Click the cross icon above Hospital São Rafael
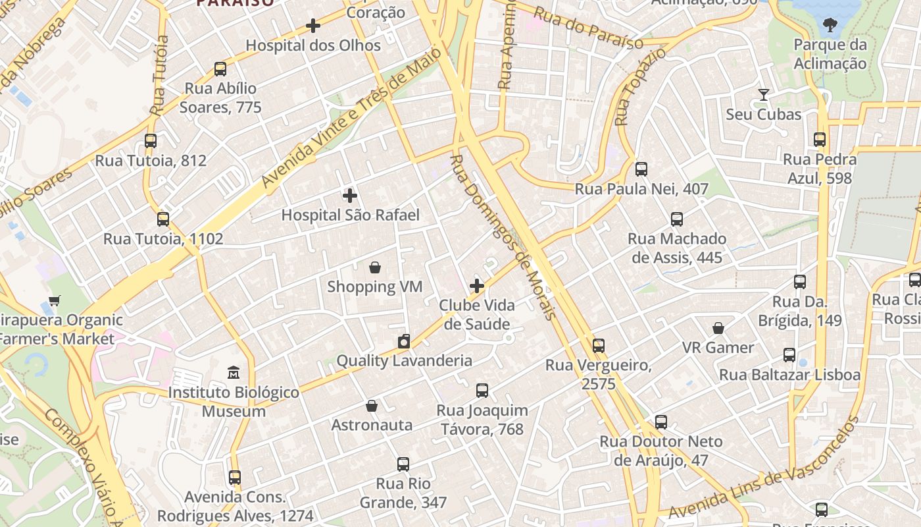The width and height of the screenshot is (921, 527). pos(350,196)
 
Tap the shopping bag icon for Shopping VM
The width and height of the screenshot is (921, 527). pos(375,267)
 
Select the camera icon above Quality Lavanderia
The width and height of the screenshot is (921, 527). pos(404,341)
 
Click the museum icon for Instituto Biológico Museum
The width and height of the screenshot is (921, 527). pos(233,373)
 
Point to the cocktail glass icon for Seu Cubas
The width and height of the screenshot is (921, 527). pos(763,95)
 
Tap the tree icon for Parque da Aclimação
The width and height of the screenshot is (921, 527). pos(830,25)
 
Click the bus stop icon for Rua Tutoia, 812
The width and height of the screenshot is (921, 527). pos(151,141)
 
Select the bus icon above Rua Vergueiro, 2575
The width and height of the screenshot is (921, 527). pos(598,346)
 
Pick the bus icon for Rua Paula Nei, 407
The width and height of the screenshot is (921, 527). pos(641,169)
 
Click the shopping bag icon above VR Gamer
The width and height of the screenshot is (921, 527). pos(718,328)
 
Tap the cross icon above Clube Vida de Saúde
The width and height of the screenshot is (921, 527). pos(477,286)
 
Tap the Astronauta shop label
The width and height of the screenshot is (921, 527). pos(372,425)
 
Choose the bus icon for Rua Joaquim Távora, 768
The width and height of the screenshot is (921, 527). pos(482,391)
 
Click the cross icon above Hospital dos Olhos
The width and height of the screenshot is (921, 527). pos(313,26)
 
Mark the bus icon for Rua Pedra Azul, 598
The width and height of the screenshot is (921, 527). pos(820,140)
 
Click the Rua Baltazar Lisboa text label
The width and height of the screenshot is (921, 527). pos(789,375)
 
